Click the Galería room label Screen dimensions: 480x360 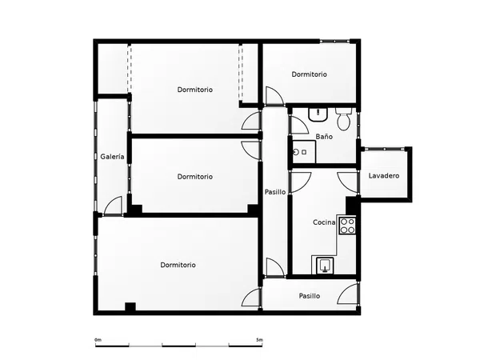pos(112,157)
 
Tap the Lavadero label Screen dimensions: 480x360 pos(384,176)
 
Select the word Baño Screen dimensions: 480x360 pos(324,137)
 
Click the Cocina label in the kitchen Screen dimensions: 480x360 pos(324,222)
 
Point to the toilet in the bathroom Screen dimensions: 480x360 pos(344,118)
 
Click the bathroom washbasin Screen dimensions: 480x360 pos(318,114)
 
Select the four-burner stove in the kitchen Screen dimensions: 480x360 pos(347,226)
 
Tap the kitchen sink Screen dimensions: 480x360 pos(325,265)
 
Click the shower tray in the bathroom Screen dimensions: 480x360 pos(304,152)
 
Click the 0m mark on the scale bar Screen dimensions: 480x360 pos(98,340)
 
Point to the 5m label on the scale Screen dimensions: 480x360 pos(259,340)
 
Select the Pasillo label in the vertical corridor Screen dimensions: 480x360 pos(275,192)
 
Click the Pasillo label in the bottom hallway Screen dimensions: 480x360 pos(310,296)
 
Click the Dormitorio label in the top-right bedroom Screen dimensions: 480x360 pos(309,74)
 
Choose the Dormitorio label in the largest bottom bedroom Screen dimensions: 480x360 pos(178,265)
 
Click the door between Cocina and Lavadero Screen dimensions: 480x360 pos(347,182)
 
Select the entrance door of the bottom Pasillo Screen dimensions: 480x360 pos(347,294)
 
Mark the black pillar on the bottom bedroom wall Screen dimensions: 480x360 pos(130,306)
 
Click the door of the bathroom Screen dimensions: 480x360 pos(298,125)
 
